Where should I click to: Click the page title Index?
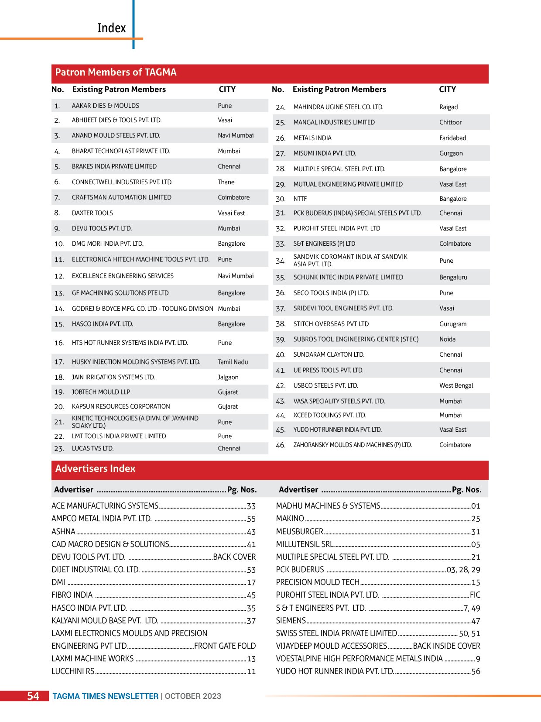click(x=111, y=28)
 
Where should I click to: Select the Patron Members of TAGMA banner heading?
click(x=116, y=72)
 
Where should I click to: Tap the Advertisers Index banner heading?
click(x=95, y=469)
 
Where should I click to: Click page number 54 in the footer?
click(x=33, y=696)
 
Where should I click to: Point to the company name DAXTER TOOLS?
click(x=92, y=213)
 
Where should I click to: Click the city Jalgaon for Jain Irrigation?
click(x=228, y=377)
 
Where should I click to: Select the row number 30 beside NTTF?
click(x=281, y=199)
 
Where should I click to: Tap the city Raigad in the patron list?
click(x=449, y=107)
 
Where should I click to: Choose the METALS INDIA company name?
click(x=312, y=138)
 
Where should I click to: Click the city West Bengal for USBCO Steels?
click(x=456, y=385)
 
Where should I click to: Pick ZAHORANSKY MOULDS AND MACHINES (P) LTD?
click(x=353, y=445)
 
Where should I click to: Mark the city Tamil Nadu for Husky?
click(x=233, y=362)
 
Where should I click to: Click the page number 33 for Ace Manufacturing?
click(x=251, y=506)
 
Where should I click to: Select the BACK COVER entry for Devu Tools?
click(x=234, y=557)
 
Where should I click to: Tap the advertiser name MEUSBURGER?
click(x=300, y=532)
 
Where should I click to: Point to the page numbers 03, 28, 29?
click(x=463, y=570)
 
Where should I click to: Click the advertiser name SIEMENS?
click(x=291, y=621)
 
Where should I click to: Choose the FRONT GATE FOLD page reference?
click(x=225, y=646)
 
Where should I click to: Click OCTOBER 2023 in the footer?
click(x=193, y=696)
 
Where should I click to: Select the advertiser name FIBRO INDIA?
click(x=72, y=595)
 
